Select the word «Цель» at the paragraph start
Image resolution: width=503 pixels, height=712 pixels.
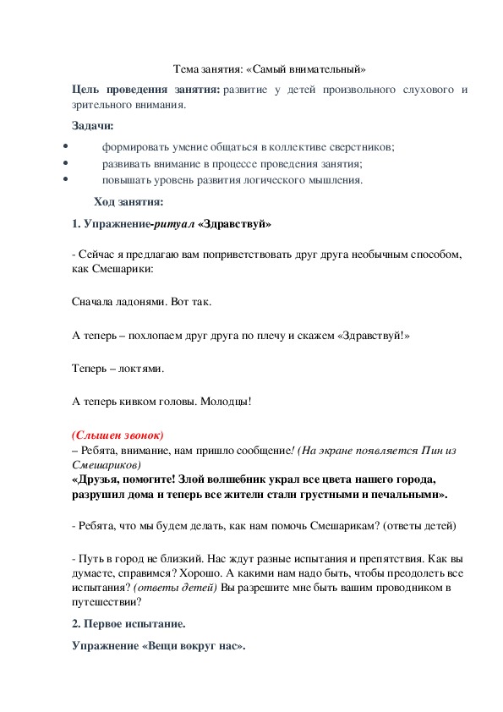[86, 90]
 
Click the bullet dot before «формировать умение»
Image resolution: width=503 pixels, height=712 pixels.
[65, 146]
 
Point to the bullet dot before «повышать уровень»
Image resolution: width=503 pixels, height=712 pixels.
[65, 179]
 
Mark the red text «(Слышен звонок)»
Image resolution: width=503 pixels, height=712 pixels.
[118, 435]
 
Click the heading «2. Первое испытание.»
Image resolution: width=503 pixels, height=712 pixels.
[128, 624]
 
